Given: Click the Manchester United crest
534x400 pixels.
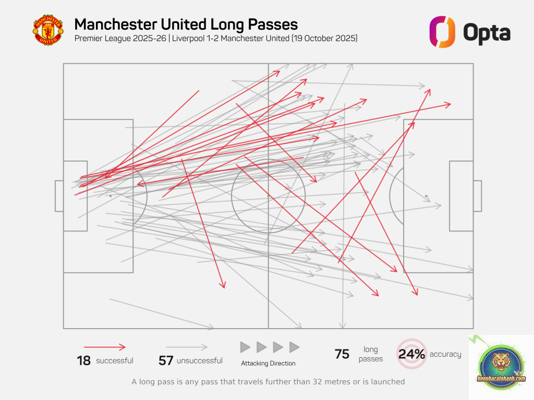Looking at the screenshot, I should click(x=47, y=30).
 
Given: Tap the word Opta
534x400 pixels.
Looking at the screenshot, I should click(x=487, y=33).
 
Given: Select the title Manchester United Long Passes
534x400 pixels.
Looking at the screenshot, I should click(x=186, y=24).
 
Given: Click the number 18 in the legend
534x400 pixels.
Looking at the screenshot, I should click(x=83, y=360).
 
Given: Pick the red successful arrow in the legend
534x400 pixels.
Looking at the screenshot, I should click(x=104, y=347).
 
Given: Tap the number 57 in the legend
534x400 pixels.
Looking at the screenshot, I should click(x=166, y=360).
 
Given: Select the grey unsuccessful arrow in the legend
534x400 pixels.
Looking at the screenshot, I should click(x=186, y=347).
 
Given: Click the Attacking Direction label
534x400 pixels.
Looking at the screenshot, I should click(x=268, y=364).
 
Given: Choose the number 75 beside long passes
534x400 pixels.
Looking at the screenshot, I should click(x=342, y=355).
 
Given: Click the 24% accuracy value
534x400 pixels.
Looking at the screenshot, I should click(x=412, y=355).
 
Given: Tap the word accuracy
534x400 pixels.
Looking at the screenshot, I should click(x=445, y=355).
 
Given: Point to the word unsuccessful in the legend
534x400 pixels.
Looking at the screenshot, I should click(x=200, y=360).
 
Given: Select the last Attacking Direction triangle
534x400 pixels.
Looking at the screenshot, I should click(x=294, y=347).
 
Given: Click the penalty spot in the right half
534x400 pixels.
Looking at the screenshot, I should click(x=426, y=196).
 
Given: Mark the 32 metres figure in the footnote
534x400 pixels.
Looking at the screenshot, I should click(x=311, y=382).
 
